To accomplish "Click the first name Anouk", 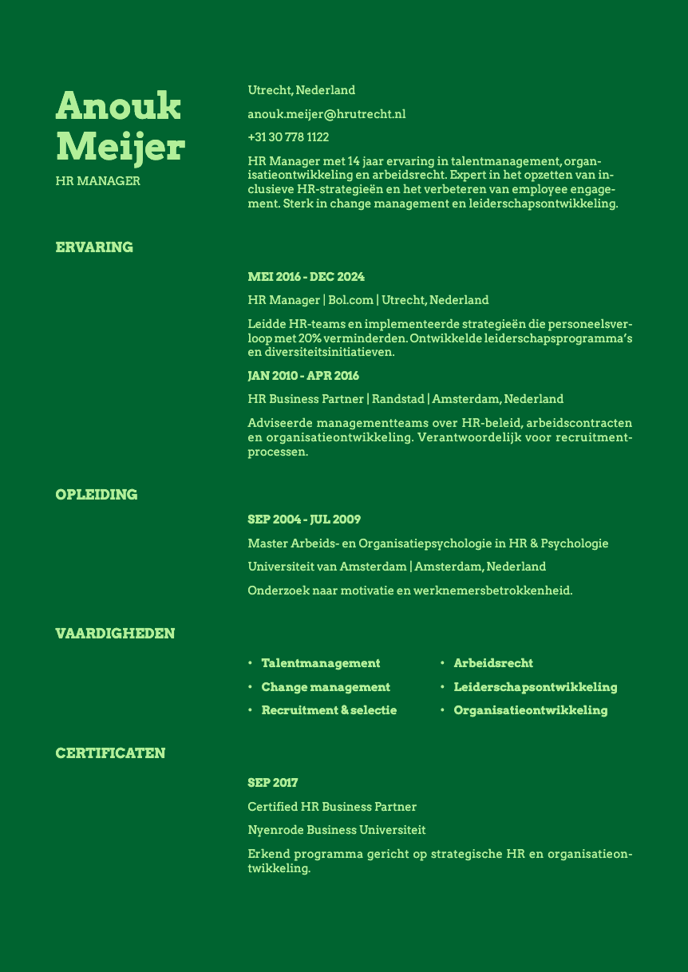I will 118,106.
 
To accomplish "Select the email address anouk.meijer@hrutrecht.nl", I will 326,114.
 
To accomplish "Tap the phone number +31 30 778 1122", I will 288,137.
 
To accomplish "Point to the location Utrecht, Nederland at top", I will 301,90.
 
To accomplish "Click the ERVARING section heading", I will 94,247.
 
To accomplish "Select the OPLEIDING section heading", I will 97,495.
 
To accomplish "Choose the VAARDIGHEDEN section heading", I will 115,634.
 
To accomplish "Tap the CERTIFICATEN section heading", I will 110,753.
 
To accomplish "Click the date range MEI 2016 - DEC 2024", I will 306,277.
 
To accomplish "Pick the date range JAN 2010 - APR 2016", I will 303,375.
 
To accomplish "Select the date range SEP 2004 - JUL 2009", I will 304,520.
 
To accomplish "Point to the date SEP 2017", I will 272,783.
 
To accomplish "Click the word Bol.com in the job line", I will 350,300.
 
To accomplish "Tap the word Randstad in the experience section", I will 397,398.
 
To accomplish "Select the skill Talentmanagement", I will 320,663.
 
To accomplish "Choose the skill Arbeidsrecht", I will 493,663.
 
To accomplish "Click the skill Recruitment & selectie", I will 329,710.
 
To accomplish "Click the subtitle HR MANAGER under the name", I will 97,181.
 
